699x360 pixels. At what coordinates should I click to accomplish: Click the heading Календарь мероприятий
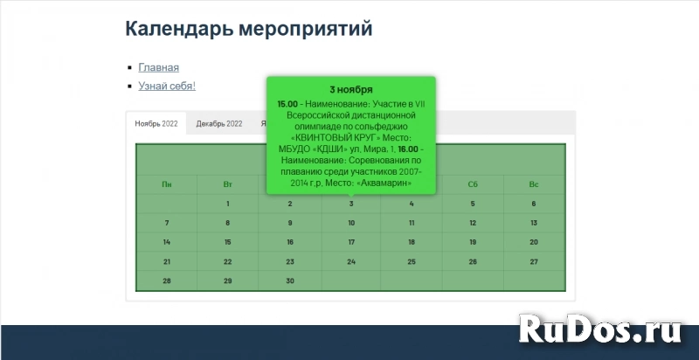(x=249, y=29)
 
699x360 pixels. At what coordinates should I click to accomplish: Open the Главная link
(x=158, y=67)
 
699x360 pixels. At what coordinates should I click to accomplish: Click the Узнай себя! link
(x=167, y=86)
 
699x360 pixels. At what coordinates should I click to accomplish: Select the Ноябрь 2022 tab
(x=156, y=123)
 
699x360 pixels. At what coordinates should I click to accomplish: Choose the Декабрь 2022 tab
(x=219, y=123)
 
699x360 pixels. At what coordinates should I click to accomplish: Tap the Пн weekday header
(x=167, y=184)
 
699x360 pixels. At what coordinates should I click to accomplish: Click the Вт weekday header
(x=228, y=184)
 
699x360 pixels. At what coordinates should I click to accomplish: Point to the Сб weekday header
(x=473, y=184)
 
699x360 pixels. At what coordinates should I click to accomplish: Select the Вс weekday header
(x=534, y=184)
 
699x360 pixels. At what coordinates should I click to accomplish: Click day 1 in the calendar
(x=228, y=204)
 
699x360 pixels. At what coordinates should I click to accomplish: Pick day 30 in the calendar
(x=290, y=280)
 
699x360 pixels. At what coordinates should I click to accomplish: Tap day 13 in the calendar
(x=534, y=223)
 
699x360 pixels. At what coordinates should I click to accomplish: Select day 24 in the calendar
(x=351, y=261)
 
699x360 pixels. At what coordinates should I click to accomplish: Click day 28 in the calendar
(x=167, y=280)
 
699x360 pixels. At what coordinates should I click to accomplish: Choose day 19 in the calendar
(x=473, y=242)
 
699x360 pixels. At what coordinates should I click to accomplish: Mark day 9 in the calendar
(x=290, y=223)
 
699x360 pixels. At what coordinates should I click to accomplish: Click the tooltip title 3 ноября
(x=351, y=89)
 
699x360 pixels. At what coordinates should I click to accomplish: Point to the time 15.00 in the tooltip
(x=287, y=103)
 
